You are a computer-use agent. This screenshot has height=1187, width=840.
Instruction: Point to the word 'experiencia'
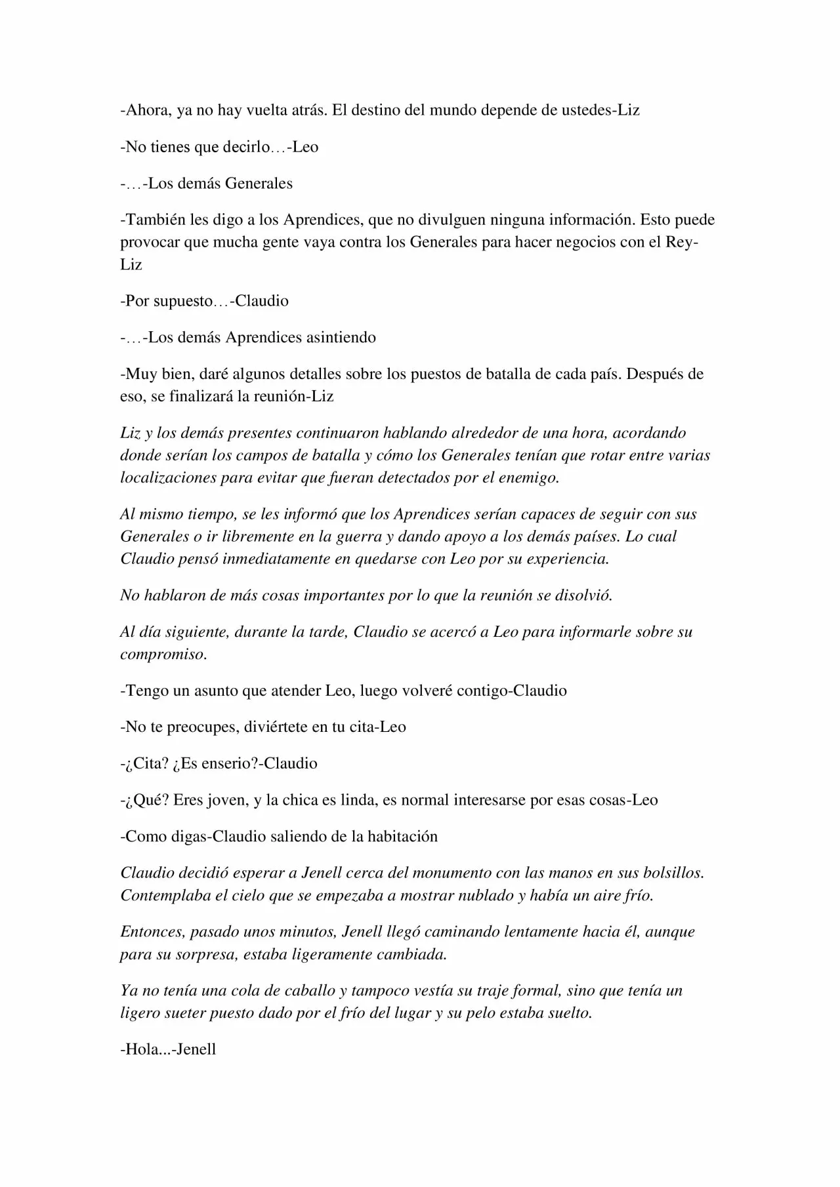tap(566, 559)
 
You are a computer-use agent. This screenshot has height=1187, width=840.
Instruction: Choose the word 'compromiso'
tap(163, 654)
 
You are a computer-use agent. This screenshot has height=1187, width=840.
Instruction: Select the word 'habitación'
tap(403, 837)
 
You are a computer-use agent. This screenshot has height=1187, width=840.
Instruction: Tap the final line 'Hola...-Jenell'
tap(169, 1049)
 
